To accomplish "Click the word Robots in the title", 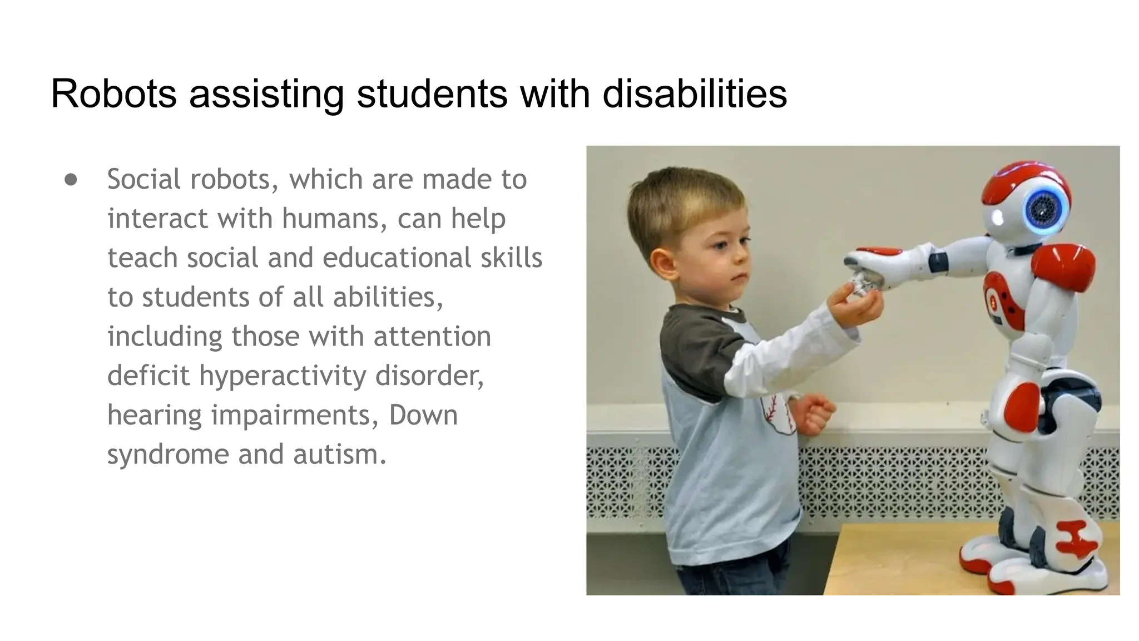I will (x=113, y=93).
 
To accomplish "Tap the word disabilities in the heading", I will (x=695, y=93).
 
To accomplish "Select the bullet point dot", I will (x=71, y=180).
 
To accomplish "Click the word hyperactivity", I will (x=283, y=376).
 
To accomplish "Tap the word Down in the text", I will (x=423, y=415).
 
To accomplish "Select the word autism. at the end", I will (x=339, y=454).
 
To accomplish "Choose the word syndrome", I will (x=167, y=455).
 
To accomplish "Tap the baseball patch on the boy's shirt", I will (x=779, y=415).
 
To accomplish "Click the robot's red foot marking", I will (x=1076, y=538).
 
